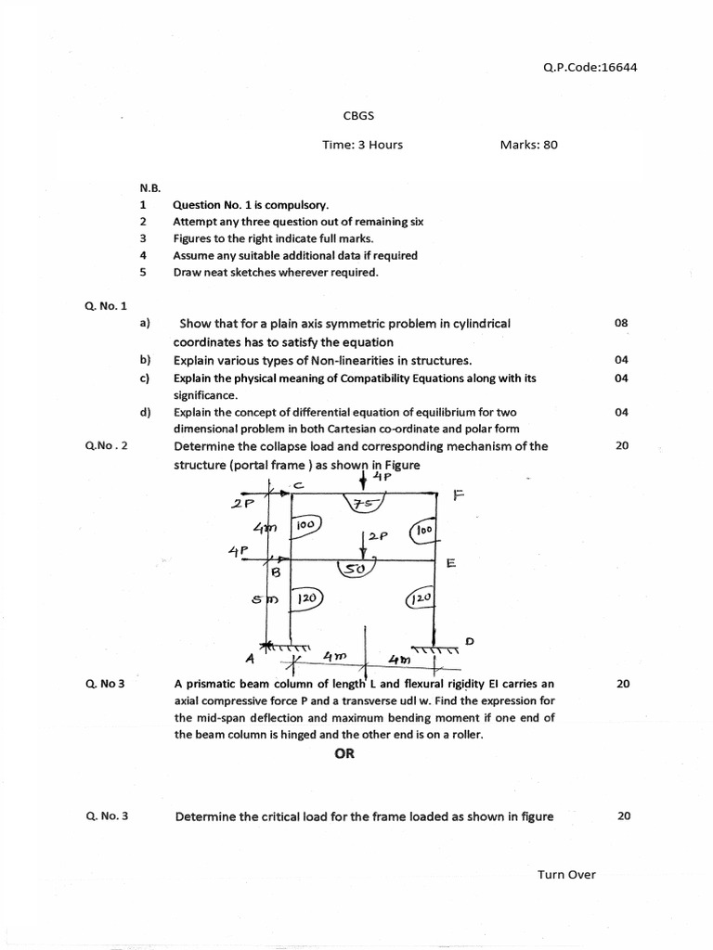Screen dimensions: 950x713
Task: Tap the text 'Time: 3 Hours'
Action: (362, 145)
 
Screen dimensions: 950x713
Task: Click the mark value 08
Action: (621, 323)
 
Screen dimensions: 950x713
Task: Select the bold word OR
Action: (344, 753)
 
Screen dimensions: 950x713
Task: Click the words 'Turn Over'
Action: (566, 874)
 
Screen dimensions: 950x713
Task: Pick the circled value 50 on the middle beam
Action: (355, 567)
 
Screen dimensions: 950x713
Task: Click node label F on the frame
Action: (457, 496)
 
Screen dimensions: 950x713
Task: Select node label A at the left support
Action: (249, 658)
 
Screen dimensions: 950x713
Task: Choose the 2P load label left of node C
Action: (243, 505)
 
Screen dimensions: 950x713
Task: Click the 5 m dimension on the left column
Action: (261, 599)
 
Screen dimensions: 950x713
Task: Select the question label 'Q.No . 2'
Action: (106, 445)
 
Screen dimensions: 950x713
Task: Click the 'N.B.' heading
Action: (150, 187)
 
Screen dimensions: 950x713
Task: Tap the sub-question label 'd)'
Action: (145, 412)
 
